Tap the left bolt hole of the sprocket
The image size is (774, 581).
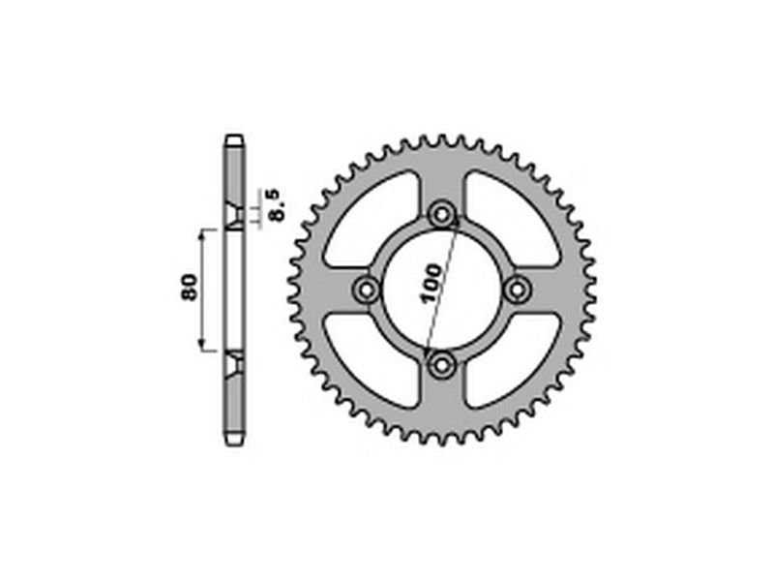[367, 290]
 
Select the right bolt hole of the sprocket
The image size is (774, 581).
[517, 290]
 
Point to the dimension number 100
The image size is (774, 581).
[431, 284]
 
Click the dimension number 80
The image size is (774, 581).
[190, 287]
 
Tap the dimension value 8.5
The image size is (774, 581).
[276, 205]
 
